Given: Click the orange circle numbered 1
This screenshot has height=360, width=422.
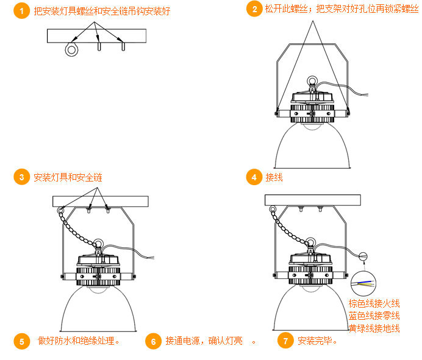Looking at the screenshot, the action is point(21,11).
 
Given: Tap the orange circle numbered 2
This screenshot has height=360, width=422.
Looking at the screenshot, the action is point(254,9).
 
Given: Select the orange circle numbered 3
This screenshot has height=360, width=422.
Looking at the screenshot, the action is point(21,177).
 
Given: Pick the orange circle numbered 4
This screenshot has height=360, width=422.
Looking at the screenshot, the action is point(254,177).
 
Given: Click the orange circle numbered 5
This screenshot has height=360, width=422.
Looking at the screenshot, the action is point(21,342).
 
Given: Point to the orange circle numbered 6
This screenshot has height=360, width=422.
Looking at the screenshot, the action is point(154,342).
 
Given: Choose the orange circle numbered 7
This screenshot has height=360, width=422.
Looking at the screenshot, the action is point(285,341).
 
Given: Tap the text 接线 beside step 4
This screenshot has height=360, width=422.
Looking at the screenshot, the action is point(274,177).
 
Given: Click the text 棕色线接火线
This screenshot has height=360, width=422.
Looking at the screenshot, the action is point(374,303).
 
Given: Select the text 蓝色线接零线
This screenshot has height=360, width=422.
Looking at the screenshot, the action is point(374,316).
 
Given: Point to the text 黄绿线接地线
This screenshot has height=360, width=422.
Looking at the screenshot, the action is point(374,328).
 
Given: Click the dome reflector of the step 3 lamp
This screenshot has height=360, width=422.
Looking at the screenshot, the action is point(98,309).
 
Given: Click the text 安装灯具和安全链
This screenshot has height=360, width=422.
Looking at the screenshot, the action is point(68,177).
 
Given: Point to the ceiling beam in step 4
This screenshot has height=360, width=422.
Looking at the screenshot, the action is point(313,200).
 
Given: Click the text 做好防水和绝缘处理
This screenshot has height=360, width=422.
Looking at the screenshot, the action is point(78,341).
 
